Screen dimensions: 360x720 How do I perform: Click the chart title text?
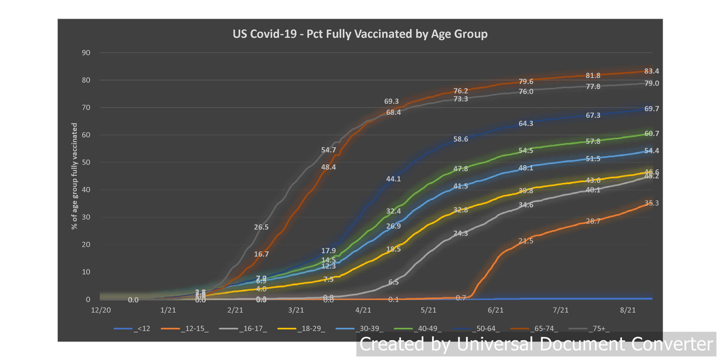[360, 34]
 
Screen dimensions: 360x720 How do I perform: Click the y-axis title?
[74, 175]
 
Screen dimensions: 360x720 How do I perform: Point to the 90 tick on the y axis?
[87, 53]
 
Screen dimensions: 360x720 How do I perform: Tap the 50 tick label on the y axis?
[87, 163]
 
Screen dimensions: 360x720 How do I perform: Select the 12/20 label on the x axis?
[100, 310]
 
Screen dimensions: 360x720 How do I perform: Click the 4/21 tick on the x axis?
[363, 310]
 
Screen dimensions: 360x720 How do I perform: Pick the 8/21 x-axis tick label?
[628, 310]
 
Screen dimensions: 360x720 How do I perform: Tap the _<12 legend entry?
[141, 329]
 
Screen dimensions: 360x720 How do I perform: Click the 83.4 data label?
[652, 71]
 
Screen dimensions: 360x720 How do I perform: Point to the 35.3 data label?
[652, 203]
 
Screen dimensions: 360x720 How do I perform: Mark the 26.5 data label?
[262, 227]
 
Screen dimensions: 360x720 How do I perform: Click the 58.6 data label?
[460, 139]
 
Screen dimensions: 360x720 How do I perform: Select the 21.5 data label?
[525, 241]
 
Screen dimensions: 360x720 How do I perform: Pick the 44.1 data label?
[393, 179]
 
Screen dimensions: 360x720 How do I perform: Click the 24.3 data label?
[460, 233]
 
